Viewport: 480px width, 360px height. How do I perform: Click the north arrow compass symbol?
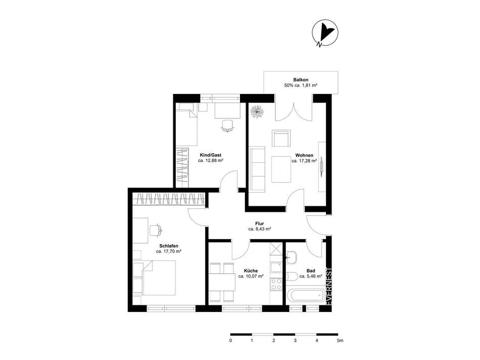(x=325, y=32)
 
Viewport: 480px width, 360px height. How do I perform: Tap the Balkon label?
(x=301, y=80)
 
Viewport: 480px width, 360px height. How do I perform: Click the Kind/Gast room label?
(x=210, y=155)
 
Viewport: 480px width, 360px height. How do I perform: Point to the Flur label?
(x=260, y=223)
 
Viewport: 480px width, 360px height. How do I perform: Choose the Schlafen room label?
(x=169, y=246)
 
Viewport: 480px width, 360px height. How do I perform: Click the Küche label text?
(x=251, y=271)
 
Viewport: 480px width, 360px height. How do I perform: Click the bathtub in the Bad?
(x=306, y=296)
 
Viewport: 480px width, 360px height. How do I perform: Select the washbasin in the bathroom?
(x=292, y=257)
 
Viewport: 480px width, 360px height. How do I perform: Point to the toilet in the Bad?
(x=292, y=277)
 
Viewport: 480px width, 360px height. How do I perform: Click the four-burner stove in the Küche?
(x=276, y=285)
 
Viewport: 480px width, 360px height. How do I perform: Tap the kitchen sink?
(x=276, y=267)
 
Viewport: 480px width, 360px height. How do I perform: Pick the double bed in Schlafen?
(x=159, y=278)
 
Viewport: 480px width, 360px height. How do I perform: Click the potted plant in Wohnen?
(x=257, y=112)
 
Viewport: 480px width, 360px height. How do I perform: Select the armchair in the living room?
(x=281, y=138)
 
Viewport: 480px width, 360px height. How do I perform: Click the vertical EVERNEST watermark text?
(x=329, y=287)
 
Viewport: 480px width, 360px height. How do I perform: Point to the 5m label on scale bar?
(x=340, y=340)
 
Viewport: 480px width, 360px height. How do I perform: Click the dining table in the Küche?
(x=222, y=282)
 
